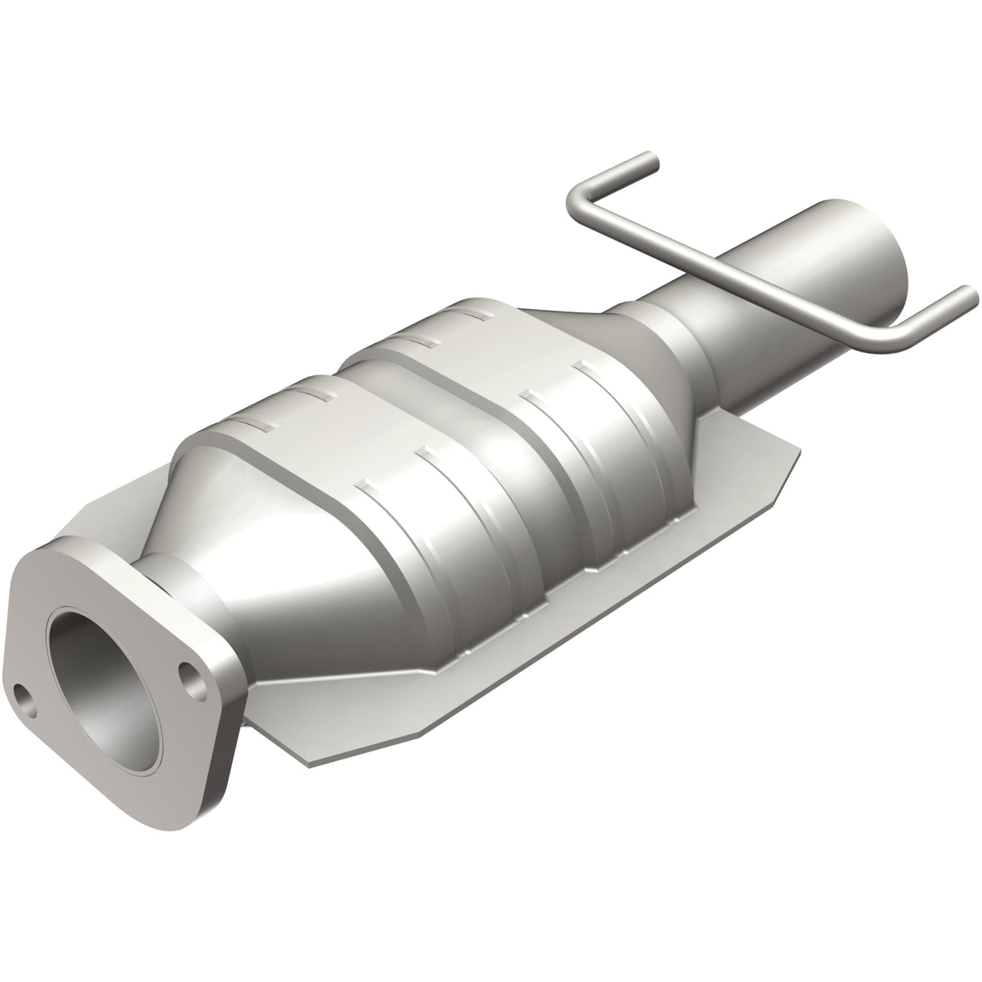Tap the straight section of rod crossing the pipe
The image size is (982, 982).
(728, 267)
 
